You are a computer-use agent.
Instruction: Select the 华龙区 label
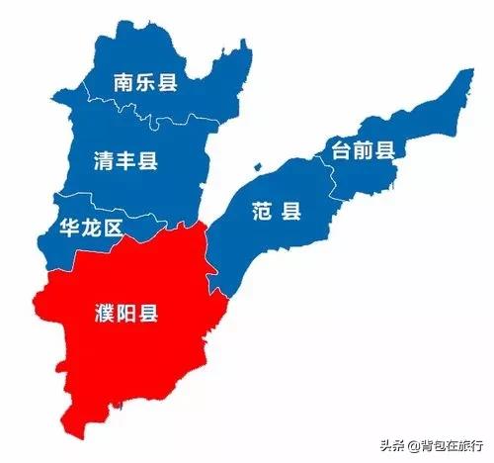[x=92, y=230]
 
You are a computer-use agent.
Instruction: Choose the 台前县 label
[x=363, y=150]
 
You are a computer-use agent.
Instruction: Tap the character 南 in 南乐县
[x=123, y=82]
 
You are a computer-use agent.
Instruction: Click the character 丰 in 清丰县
[x=124, y=161]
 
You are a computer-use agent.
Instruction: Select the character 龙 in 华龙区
[x=92, y=230]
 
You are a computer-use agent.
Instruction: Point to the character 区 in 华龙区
[x=113, y=230]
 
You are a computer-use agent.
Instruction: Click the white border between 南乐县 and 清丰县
[x=148, y=111]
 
